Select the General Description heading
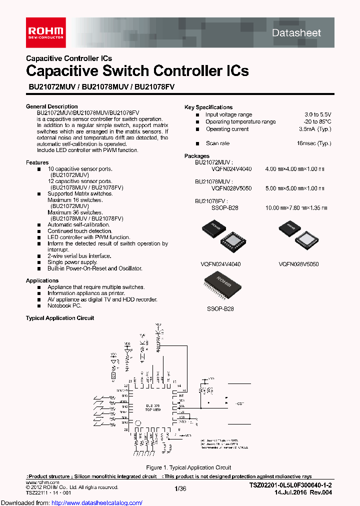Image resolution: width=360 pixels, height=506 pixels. point(51,106)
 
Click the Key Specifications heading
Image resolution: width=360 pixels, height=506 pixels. point(208,107)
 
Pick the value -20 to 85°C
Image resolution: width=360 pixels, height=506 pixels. point(317,121)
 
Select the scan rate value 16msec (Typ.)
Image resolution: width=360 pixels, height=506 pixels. point(313,143)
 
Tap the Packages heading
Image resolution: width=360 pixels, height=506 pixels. point(197,156)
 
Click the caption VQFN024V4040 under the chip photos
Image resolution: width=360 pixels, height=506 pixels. point(220,263)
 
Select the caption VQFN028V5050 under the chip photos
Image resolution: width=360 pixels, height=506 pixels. point(298,263)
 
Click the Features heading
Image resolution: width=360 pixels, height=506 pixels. point(37,162)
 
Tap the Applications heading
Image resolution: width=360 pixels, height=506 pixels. point(42,280)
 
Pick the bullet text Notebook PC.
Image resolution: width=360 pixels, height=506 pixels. point(64,305)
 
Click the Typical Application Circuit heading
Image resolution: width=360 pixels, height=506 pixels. point(59,318)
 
